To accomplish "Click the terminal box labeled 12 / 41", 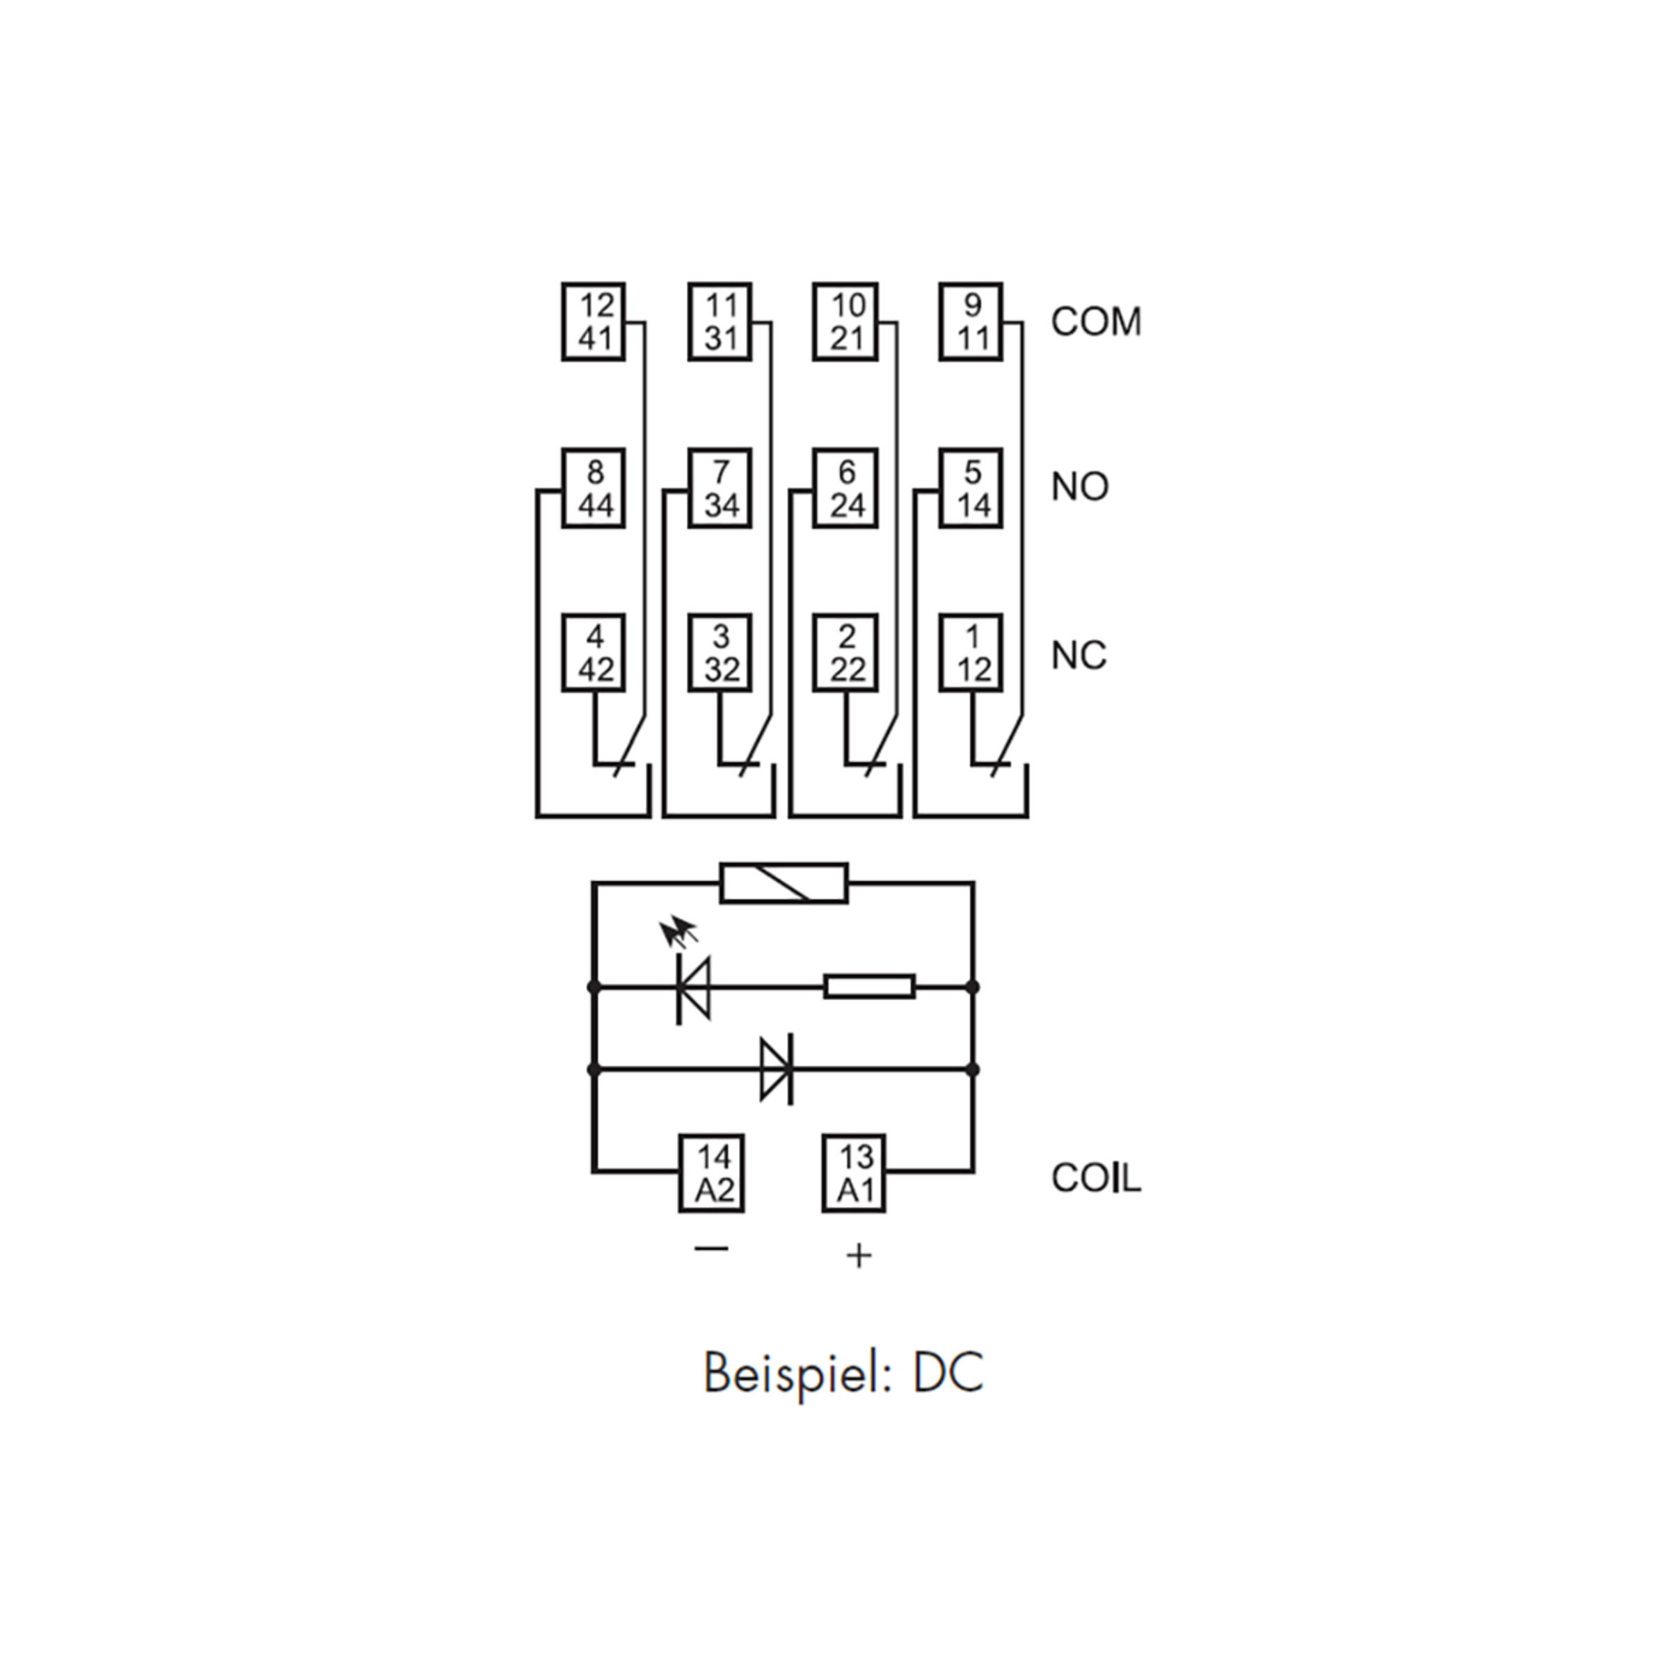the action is (593, 321).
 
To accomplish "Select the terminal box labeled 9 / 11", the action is (971, 321).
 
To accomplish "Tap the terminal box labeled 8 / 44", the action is (593, 488).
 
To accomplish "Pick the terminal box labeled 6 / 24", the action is (845, 488).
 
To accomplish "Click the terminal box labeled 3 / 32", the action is (719, 653).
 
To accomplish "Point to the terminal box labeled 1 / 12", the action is (971, 653).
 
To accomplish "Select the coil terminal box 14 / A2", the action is (711, 1173).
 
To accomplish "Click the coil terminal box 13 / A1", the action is (854, 1173).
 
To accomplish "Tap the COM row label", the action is (1096, 321).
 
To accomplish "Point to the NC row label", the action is (1079, 656).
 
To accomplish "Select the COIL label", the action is (1096, 1177).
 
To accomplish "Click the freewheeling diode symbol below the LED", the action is (777, 1069).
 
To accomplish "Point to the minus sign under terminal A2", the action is (711, 1249).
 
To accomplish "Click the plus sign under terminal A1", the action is (859, 1256).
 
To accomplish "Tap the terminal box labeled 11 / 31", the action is (719, 321).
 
